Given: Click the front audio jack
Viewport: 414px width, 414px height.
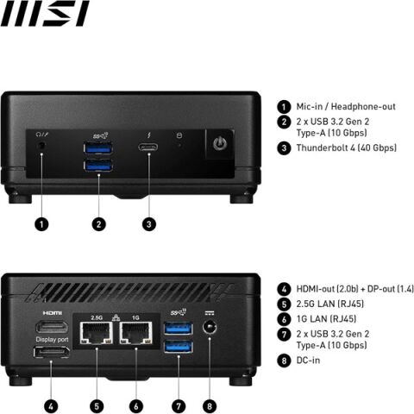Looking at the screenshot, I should pyautogui.click(x=43, y=147).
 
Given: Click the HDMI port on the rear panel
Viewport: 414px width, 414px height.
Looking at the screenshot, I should pyautogui.click(x=53, y=329).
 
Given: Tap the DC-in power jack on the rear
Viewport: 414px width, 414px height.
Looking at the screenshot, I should pyautogui.click(x=207, y=329).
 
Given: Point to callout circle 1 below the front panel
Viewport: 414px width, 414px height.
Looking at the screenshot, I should pyautogui.click(x=42, y=224).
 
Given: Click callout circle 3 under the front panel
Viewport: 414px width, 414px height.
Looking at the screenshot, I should pyautogui.click(x=149, y=224).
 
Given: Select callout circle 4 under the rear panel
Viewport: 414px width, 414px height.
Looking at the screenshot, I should pyautogui.click(x=53, y=405).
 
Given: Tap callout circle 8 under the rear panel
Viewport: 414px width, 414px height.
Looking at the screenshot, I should pyautogui.click(x=207, y=405).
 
